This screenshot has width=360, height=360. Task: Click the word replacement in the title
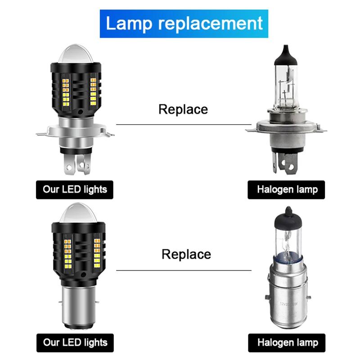(x=210, y=23)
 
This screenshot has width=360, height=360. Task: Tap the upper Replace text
(x=183, y=109)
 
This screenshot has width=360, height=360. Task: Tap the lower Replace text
(x=186, y=254)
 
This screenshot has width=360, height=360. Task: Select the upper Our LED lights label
(x=75, y=189)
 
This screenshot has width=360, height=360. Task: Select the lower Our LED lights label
(x=75, y=342)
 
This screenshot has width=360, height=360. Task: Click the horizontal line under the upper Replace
(x=183, y=125)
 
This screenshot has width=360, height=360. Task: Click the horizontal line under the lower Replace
(x=183, y=270)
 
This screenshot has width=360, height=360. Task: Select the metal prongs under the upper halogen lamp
(x=285, y=164)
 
